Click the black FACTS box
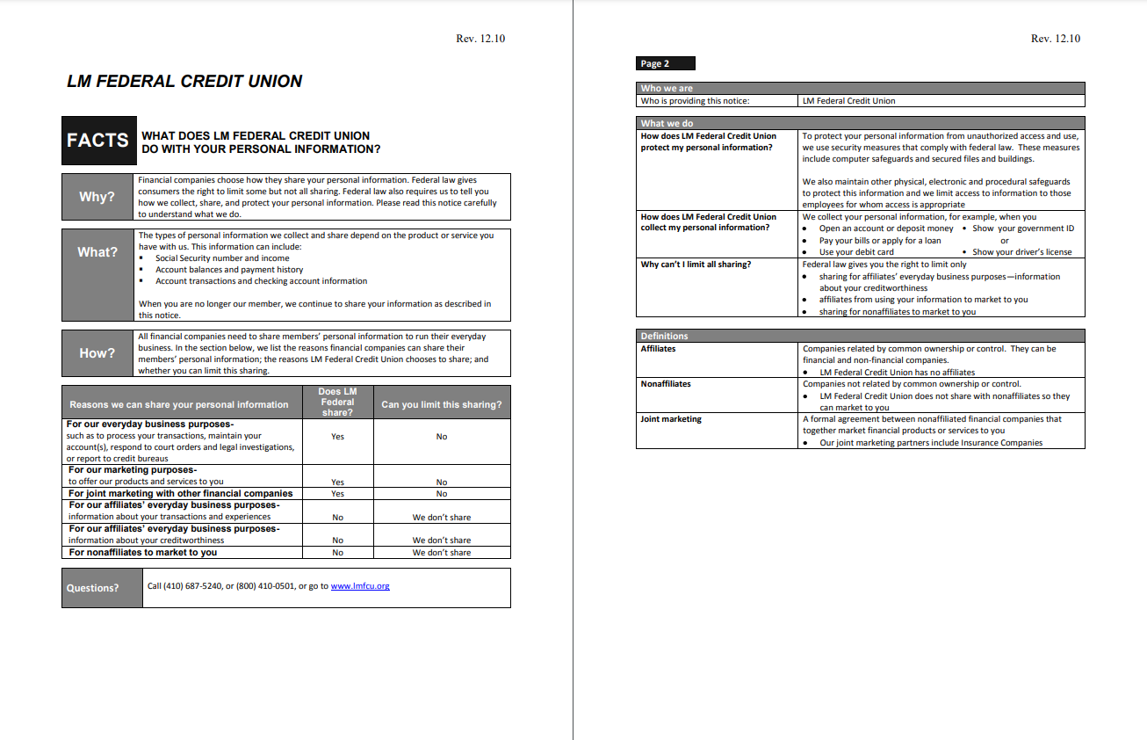point(98,141)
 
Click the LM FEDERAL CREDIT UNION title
point(184,82)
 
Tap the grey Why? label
point(97,197)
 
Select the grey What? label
point(97,252)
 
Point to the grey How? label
point(97,353)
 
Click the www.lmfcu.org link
point(360,586)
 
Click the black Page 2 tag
point(665,63)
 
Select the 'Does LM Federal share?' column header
point(337,402)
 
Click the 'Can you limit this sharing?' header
point(442,404)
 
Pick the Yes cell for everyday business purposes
point(337,437)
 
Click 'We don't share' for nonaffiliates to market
point(442,553)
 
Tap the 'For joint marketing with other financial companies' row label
point(181,494)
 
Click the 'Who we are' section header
point(667,88)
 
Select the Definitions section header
point(665,336)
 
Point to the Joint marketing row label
point(671,419)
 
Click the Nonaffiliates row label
point(666,384)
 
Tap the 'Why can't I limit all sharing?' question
point(696,265)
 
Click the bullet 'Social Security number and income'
point(222,258)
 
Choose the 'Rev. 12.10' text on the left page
point(480,39)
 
